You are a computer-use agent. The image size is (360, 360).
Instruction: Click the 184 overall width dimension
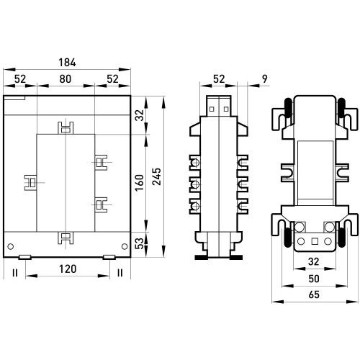(x=68, y=63)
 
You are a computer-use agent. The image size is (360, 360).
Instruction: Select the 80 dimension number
(x=66, y=79)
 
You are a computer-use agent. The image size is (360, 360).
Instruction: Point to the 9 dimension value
(x=264, y=78)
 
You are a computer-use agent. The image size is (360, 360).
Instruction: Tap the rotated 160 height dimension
(x=139, y=183)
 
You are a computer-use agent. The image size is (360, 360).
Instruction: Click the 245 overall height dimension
(x=157, y=176)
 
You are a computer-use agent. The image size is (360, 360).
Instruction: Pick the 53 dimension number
(x=139, y=243)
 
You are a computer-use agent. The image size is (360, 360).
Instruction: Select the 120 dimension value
(x=68, y=269)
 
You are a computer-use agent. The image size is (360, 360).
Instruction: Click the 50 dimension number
(x=314, y=279)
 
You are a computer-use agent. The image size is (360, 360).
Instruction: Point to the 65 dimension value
(x=314, y=294)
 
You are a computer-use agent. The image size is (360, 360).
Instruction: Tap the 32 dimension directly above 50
(x=314, y=261)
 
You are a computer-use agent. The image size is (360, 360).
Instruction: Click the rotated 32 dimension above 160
(x=139, y=115)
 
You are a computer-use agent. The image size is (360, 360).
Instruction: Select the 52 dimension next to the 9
(x=219, y=79)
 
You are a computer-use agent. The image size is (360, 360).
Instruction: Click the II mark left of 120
(x=15, y=273)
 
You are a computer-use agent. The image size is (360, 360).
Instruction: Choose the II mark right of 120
(x=120, y=273)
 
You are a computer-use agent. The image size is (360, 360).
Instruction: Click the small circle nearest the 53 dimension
(x=125, y=246)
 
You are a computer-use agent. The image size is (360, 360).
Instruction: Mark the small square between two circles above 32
(x=315, y=241)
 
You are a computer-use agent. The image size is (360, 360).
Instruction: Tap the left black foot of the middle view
(x=201, y=258)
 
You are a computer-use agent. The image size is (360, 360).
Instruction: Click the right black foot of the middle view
(x=236, y=258)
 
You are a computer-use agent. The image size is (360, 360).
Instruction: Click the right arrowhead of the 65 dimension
(x=353, y=302)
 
